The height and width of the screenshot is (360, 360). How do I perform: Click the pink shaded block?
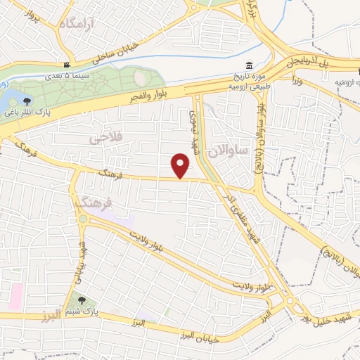14,297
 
